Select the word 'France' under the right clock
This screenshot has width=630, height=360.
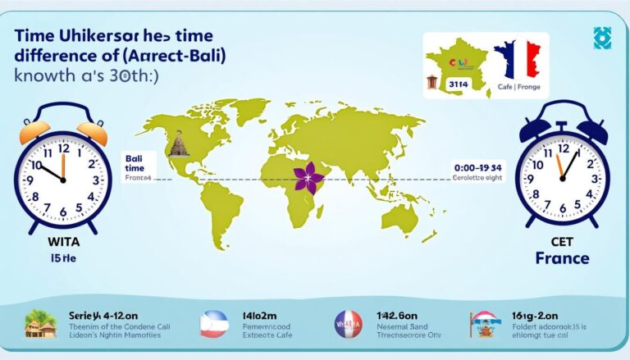tap(562, 258)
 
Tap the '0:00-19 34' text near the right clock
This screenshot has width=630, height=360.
tap(479, 167)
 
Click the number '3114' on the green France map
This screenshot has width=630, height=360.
tap(457, 84)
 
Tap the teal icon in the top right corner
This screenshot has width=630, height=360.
tap(603, 38)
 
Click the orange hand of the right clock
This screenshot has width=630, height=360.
tap(559, 166)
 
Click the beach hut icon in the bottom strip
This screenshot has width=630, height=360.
tap(40, 326)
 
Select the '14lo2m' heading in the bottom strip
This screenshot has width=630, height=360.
tap(258, 313)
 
